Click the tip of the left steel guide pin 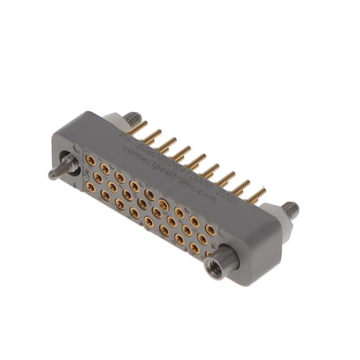click(52, 174)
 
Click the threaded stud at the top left click(133, 119)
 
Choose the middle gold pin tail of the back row click(196, 161)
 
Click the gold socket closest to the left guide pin click(90, 161)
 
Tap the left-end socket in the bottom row click(89, 186)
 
